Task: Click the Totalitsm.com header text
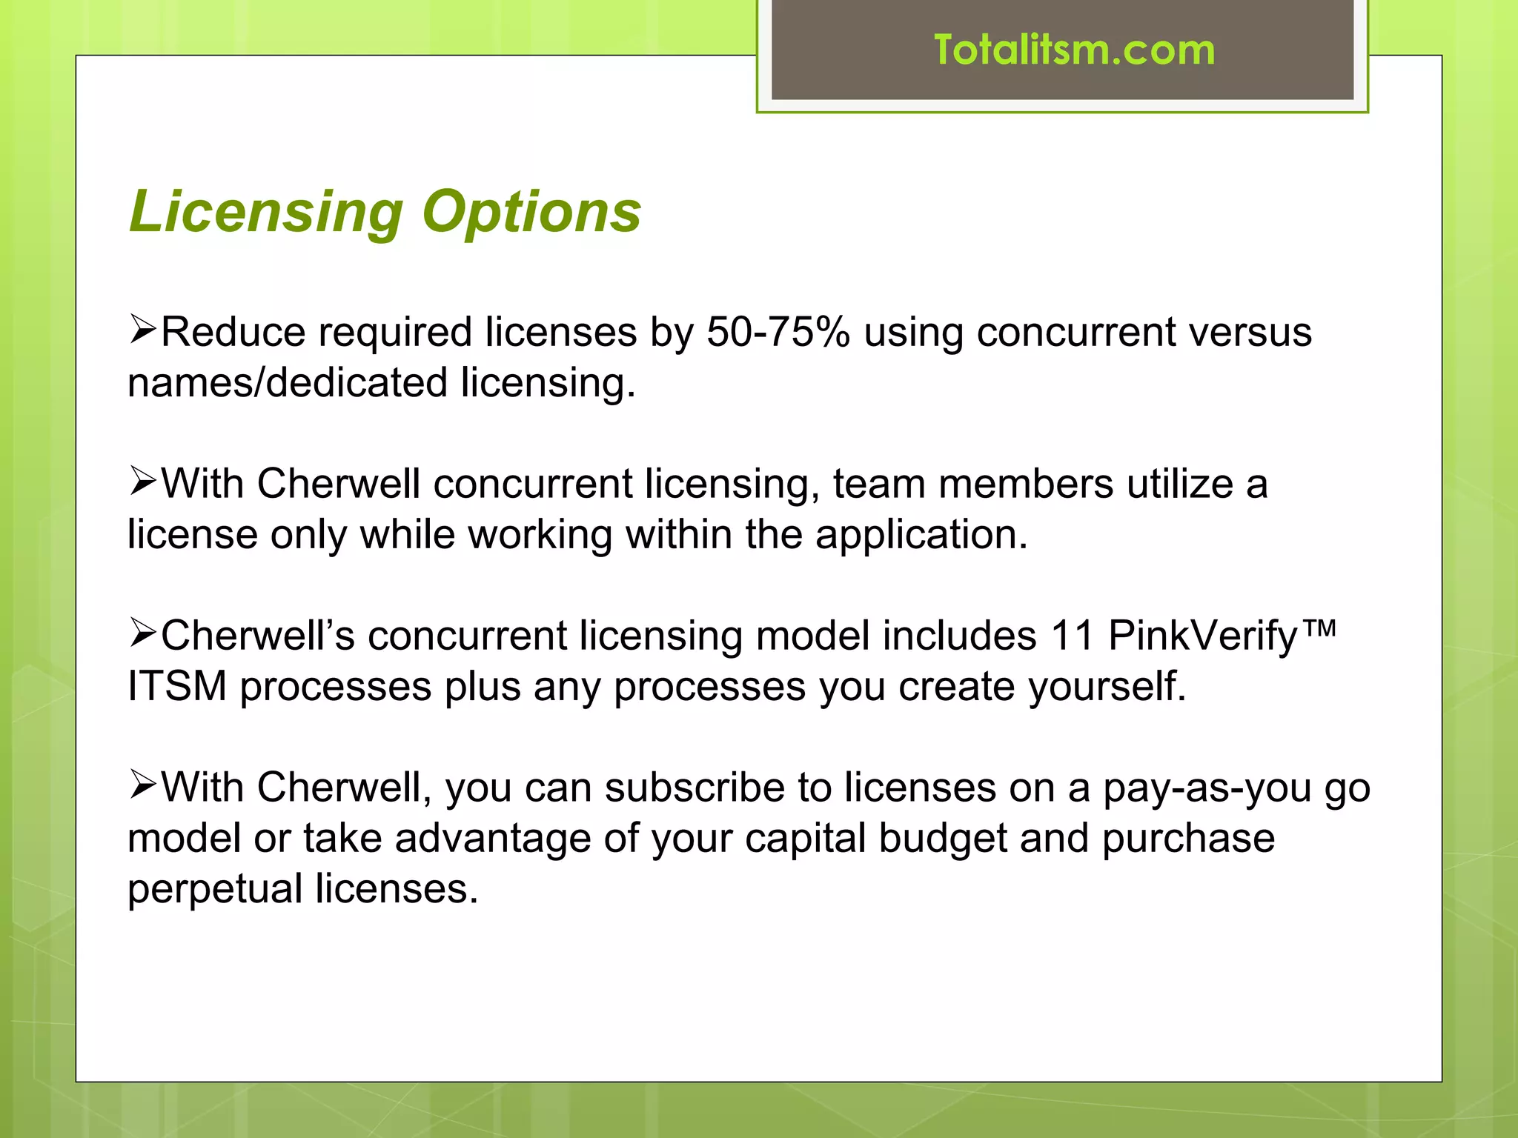(1074, 50)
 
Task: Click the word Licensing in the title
(265, 212)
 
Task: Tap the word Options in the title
(531, 212)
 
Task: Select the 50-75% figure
(778, 332)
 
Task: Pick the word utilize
(1179, 485)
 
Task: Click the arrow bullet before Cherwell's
(142, 633)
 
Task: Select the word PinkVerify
(1202, 636)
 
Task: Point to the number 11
(1072, 636)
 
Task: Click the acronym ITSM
(176, 686)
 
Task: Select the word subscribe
(694, 788)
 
